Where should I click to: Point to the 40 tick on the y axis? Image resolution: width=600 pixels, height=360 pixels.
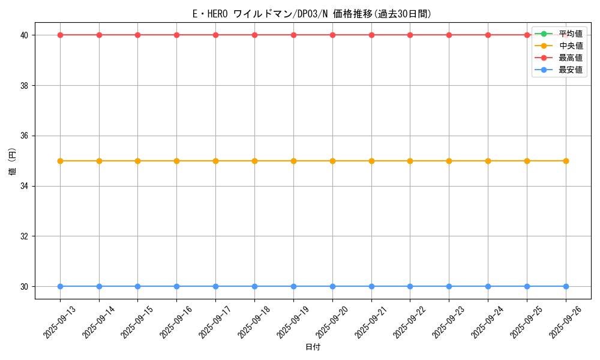25,35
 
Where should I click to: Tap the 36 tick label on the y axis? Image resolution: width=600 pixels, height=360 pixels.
25,136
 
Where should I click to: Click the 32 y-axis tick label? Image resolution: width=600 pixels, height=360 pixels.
25,236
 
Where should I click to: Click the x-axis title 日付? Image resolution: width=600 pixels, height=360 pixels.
313,347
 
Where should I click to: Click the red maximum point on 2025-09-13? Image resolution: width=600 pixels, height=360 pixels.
60,35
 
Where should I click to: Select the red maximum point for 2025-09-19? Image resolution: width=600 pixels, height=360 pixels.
293,35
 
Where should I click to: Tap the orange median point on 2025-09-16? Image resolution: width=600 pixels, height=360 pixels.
176,161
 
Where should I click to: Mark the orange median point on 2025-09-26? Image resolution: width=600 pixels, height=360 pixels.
566,161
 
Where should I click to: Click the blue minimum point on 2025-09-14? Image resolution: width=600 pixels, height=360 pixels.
99,286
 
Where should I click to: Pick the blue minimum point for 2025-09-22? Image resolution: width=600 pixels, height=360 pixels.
410,286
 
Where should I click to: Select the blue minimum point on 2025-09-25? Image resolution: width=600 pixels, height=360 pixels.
527,286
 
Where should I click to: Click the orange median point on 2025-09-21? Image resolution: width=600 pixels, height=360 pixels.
371,161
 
